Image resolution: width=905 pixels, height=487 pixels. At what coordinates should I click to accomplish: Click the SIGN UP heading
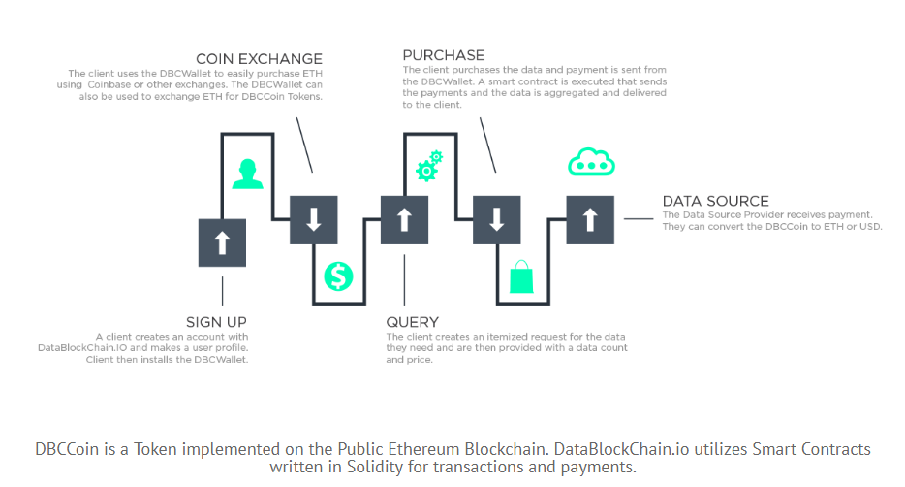click(x=216, y=321)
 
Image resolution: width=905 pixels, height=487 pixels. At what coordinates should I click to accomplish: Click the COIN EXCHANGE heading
click(x=259, y=59)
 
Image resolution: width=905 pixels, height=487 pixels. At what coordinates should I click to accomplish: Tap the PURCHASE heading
click(x=444, y=54)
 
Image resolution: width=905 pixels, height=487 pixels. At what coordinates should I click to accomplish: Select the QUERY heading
click(x=412, y=321)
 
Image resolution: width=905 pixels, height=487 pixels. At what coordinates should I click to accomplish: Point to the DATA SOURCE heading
click(x=715, y=201)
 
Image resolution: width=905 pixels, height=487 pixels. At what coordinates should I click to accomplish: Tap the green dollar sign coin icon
click(x=338, y=276)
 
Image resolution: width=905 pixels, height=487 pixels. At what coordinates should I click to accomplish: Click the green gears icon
click(x=428, y=166)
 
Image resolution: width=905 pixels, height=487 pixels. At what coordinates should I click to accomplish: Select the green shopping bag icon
click(x=521, y=276)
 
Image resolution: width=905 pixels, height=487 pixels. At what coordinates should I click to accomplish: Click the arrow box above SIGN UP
click(x=223, y=243)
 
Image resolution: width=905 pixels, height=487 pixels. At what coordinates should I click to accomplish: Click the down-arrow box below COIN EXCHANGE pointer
click(x=314, y=219)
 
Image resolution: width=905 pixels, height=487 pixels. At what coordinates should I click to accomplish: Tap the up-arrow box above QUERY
click(x=405, y=219)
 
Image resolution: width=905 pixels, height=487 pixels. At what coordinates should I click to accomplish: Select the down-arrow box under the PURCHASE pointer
click(x=497, y=219)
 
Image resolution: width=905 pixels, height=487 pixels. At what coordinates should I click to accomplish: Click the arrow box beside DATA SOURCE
click(x=590, y=219)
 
